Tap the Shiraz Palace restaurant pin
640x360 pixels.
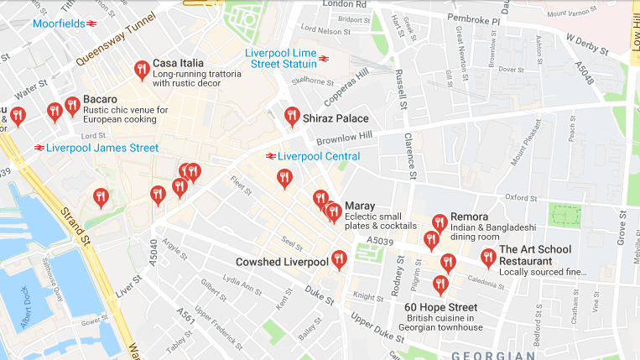(x=292, y=116)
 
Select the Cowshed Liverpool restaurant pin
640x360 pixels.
(x=339, y=259)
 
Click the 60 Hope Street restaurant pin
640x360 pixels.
(x=440, y=284)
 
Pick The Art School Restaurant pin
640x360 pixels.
(x=488, y=258)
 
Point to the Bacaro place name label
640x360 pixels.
(x=100, y=98)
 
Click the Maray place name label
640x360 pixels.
(x=359, y=206)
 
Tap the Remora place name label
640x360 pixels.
(x=469, y=217)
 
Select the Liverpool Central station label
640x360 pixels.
(x=319, y=156)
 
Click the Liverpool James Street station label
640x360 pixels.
(x=102, y=148)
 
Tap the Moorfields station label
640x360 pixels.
(x=59, y=23)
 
